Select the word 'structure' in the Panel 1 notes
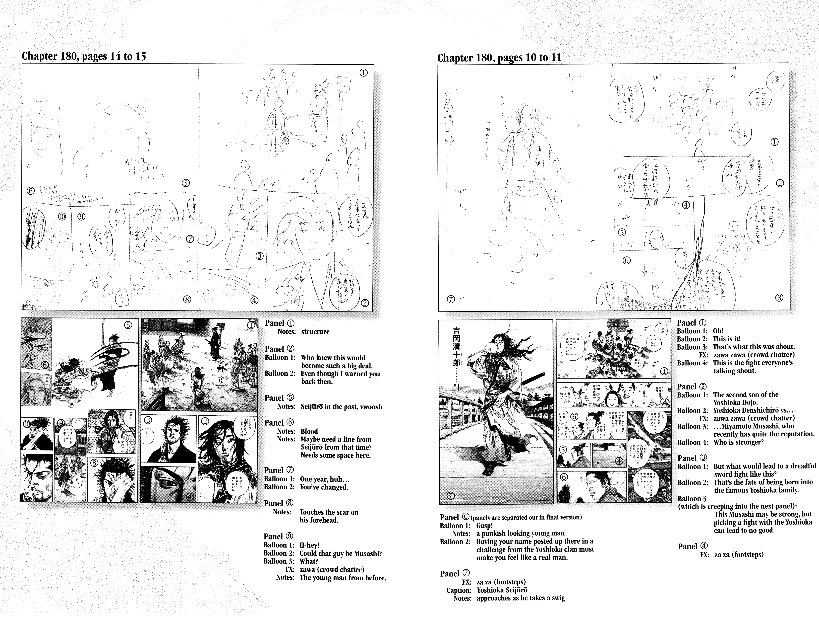pos(315,332)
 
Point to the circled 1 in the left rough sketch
pos(363,73)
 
